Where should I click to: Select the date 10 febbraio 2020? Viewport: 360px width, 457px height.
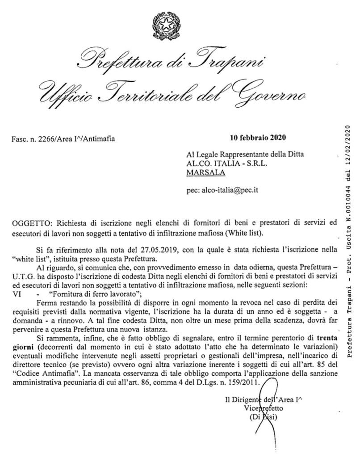pos(258,137)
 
